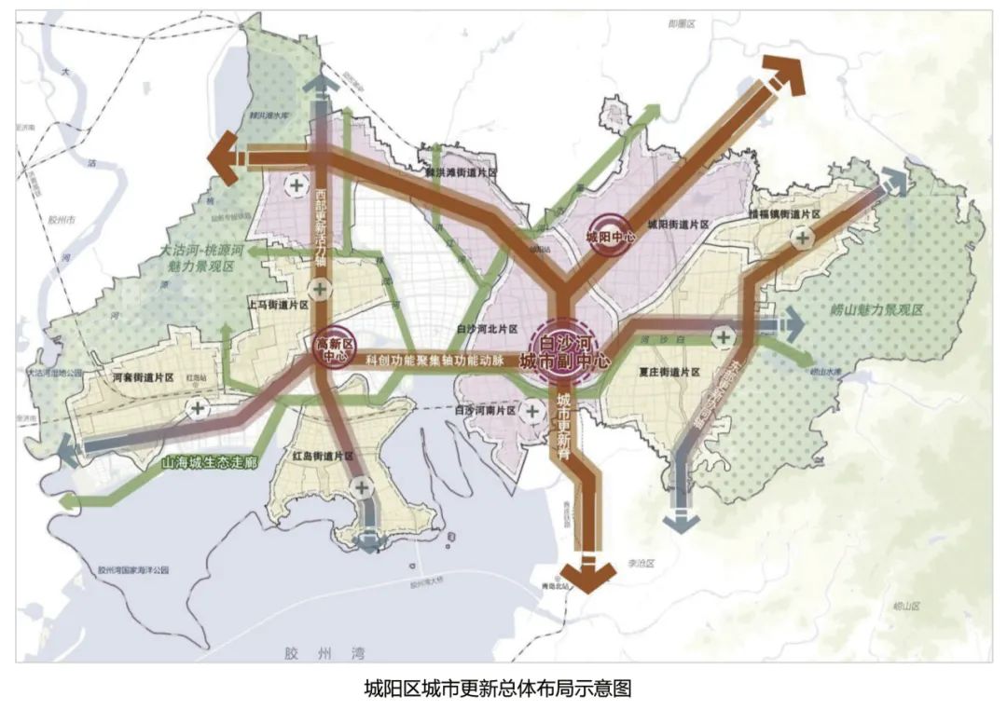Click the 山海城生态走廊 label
(209, 463)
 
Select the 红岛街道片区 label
(323, 457)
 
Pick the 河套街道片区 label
(143, 378)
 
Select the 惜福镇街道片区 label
(783, 214)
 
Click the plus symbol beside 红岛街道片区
(362, 486)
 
